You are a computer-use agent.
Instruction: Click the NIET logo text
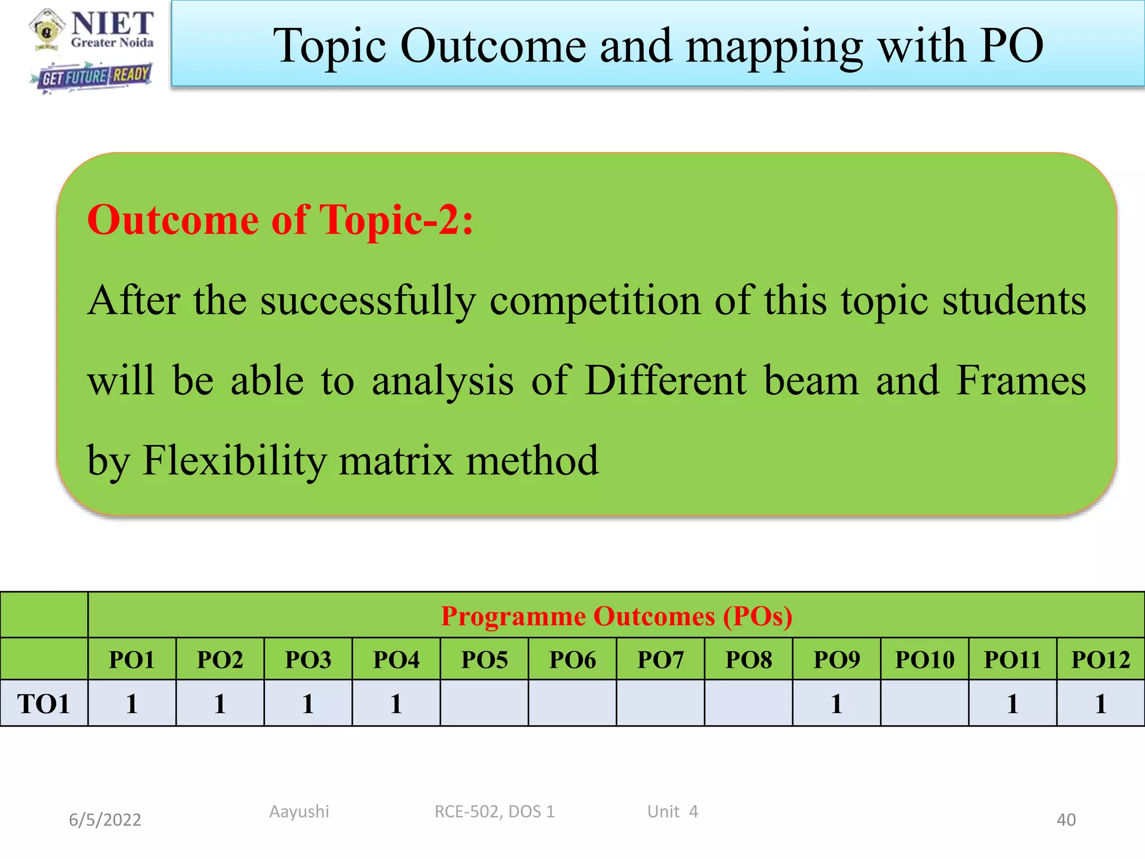(x=112, y=23)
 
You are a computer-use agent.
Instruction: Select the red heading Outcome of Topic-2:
(x=280, y=220)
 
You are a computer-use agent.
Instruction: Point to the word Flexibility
(x=234, y=461)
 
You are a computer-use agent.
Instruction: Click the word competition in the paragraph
(x=595, y=301)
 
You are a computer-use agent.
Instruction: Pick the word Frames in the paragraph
(x=1021, y=380)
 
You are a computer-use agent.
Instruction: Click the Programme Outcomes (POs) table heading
(x=616, y=616)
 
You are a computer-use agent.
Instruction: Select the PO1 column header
(x=131, y=660)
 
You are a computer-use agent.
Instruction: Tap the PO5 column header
(x=484, y=660)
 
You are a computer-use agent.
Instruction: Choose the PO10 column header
(x=925, y=660)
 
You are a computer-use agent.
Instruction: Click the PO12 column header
(x=1100, y=660)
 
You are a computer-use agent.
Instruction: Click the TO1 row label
(x=44, y=704)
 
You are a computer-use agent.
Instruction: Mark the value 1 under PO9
(x=836, y=704)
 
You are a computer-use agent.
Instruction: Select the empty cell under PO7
(x=660, y=704)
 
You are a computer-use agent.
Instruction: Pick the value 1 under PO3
(x=308, y=704)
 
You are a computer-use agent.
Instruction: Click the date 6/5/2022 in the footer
(x=105, y=820)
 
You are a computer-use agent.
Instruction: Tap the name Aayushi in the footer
(x=299, y=811)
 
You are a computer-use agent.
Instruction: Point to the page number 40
(x=1066, y=820)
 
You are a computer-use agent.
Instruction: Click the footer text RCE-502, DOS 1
(x=494, y=811)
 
